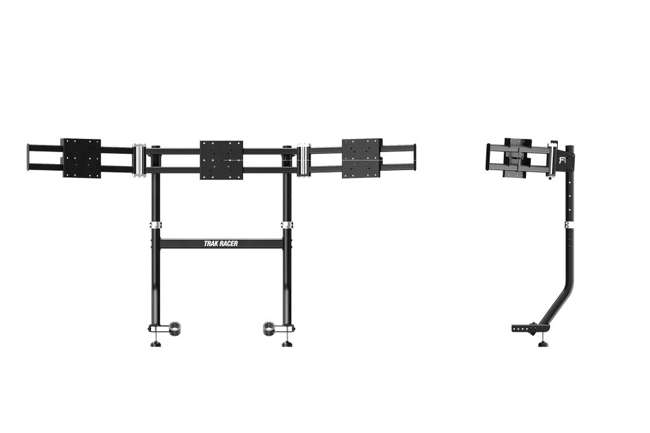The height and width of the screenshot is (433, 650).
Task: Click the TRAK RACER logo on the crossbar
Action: pyautogui.click(x=221, y=244)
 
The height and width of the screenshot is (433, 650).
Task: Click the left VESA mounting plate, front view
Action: pyautogui.click(x=81, y=158)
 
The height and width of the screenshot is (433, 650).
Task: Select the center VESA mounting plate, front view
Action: pyautogui.click(x=221, y=160)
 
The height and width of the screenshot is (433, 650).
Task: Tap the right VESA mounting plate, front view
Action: pyautogui.click(x=362, y=158)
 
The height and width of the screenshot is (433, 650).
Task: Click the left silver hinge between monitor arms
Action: pyautogui.click(x=139, y=161)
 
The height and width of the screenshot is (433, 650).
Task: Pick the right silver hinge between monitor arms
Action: pyautogui.click(x=304, y=161)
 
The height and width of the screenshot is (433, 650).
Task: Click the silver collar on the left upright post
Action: pyautogui.click(x=155, y=226)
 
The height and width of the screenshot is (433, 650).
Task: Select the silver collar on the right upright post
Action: pyautogui.click(x=287, y=226)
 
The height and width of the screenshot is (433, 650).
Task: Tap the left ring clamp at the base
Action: pyautogui.click(x=175, y=328)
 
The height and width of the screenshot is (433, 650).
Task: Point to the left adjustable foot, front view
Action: pyautogui.click(x=155, y=343)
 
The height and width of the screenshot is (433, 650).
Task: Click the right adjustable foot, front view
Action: pyautogui.click(x=287, y=343)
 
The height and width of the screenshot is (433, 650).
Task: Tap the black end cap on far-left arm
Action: pyautogui.click(x=29, y=158)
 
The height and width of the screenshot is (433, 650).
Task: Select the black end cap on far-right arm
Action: pyautogui.click(x=413, y=158)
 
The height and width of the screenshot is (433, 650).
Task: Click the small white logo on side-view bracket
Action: pyautogui.click(x=563, y=161)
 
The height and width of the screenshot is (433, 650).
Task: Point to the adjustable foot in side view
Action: pyautogui.click(x=543, y=343)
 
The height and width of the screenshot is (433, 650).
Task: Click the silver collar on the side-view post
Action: pyautogui.click(x=569, y=226)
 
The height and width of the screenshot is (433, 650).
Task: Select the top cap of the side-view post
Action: pyautogui.click(x=569, y=147)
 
